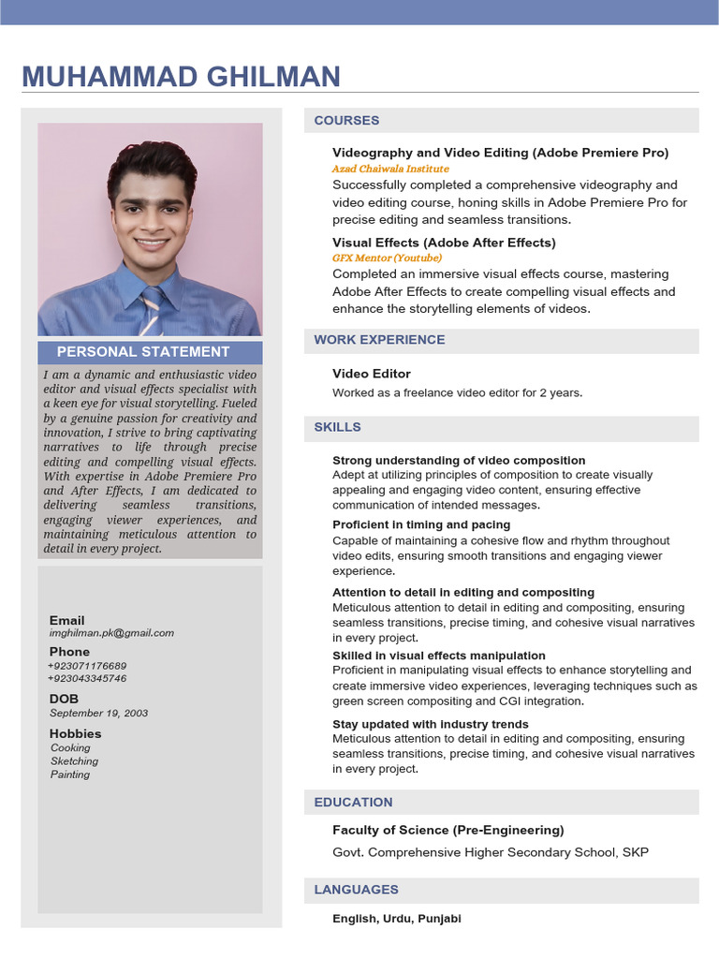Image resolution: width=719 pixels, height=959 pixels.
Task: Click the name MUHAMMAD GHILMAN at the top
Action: [x=181, y=76]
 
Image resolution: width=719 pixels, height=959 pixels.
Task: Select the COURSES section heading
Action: [x=346, y=121]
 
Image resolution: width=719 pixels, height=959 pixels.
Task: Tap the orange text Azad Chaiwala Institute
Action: [x=390, y=170]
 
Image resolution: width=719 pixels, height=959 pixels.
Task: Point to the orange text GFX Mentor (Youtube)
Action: [x=387, y=258]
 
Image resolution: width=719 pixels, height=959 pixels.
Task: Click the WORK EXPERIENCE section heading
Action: [x=379, y=340]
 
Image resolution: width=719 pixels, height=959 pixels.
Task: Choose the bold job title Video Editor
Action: [x=372, y=374]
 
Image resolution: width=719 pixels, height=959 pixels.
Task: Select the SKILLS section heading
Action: [x=337, y=427]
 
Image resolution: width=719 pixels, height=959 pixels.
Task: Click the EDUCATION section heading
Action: [x=353, y=803]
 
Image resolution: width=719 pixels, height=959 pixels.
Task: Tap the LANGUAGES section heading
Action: [x=356, y=890]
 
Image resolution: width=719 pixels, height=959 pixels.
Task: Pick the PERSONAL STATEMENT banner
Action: [x=143, y=352]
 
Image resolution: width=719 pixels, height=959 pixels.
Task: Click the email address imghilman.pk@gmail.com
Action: [x=111, y=633]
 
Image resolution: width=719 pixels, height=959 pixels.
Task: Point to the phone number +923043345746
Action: [x=87, y=678]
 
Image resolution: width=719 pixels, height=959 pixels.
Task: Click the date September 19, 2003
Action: [x=98, y=714]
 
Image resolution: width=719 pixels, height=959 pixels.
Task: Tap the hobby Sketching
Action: [x=74, y=761]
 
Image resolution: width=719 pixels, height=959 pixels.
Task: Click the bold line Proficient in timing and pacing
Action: [x=421, y=525]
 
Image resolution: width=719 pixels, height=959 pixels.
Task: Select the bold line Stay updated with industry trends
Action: [x=431, y=725]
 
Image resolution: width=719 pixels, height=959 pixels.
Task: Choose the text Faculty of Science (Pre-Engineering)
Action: [x=448, y=831]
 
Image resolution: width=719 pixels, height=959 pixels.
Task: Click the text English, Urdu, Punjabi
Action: [x=397, y=919]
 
